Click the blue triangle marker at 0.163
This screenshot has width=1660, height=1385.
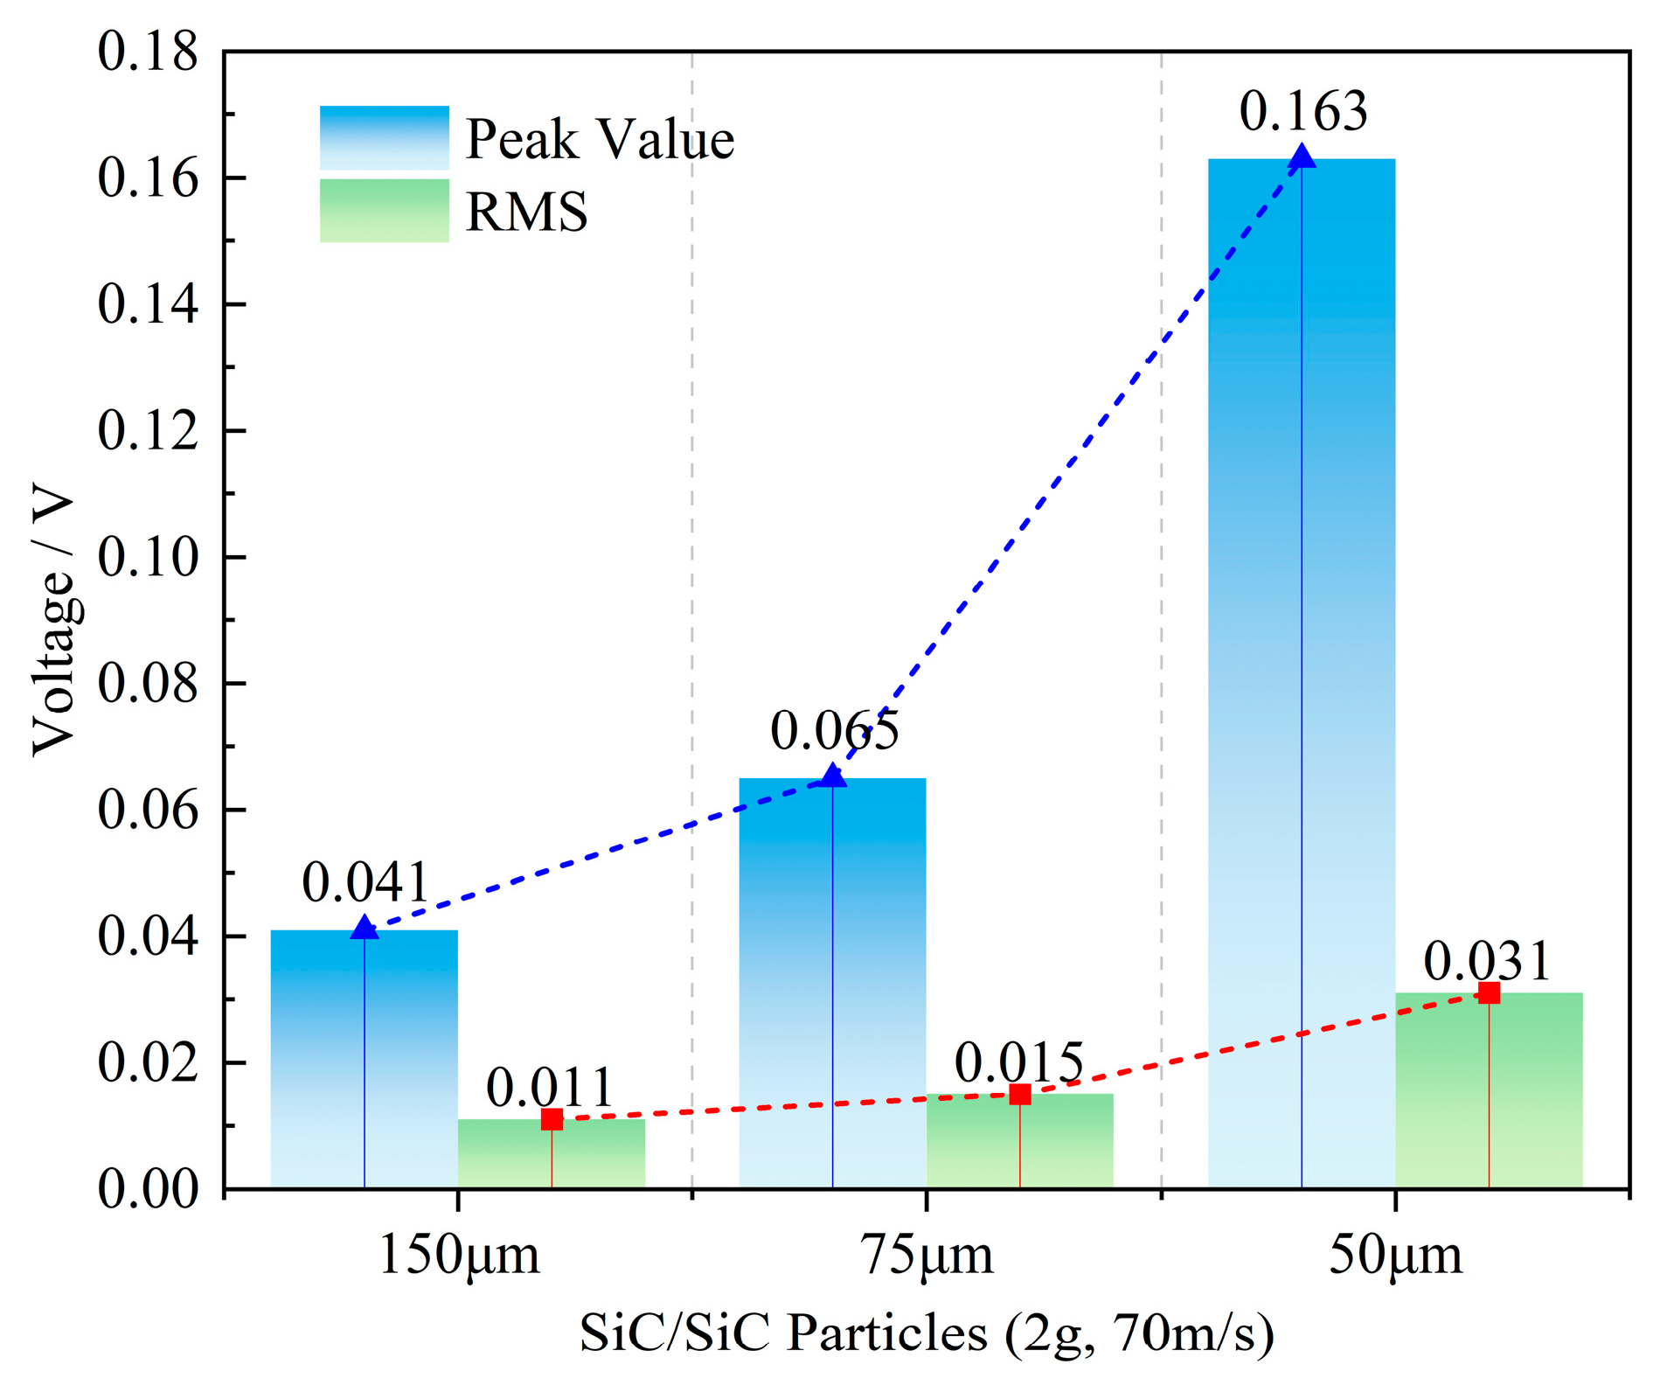[x=1302, y=157]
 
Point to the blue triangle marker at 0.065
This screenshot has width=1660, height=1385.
[x=833, y=776]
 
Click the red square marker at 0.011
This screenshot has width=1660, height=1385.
[x=552, y=1120]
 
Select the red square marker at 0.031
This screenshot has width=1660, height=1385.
[x=1490, y=993]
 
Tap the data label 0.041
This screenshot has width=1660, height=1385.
[x=366, y=883]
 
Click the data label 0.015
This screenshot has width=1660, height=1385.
[x=1019, y=1064]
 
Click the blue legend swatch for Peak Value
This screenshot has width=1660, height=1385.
[x=384, y=138]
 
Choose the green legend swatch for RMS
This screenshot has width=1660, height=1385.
[x=384, y=211]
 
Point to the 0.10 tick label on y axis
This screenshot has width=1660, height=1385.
[x=148, y=557]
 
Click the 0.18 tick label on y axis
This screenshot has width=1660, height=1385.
[x=148, y=52]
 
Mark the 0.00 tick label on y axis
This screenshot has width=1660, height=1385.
[x=148, y=1190]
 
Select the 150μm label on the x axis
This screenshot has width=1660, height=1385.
[x=459, y=1256]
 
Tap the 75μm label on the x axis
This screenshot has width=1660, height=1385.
[x=927, y=1256]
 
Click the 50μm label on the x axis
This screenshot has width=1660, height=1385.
[x=1395, y=1256]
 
